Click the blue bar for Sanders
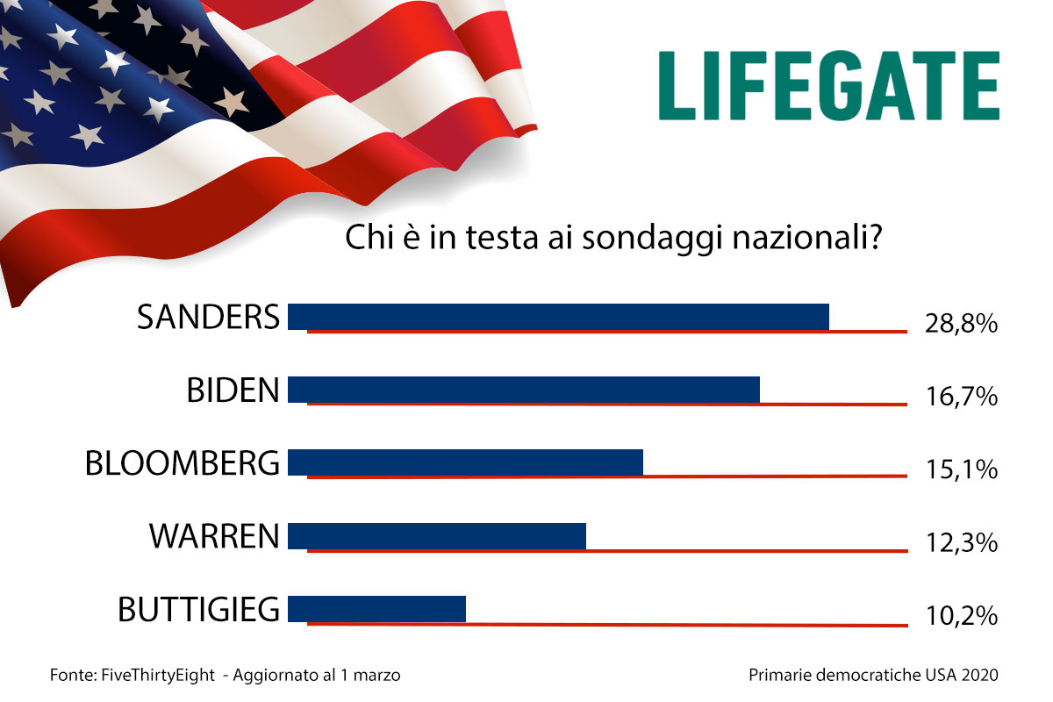coord(558,316)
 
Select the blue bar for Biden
coord(523,389)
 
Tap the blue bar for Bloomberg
coord(465,462)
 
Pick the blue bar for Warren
coord(436,535)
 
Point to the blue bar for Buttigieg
coord(376,608)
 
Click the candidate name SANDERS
coord(209,317)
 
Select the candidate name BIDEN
coord(233,390)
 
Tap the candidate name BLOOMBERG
coord(183,463)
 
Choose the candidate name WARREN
coord(214,536)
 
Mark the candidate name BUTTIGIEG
coord(199,609)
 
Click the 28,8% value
coord(961,324)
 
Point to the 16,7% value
coord(961,397)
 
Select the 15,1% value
coord(961,469)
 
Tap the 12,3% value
coord(961,543)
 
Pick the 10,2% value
coord(961,616)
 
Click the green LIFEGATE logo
coord(829,85)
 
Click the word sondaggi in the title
coord(625,240)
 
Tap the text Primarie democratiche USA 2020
coord(873,676)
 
